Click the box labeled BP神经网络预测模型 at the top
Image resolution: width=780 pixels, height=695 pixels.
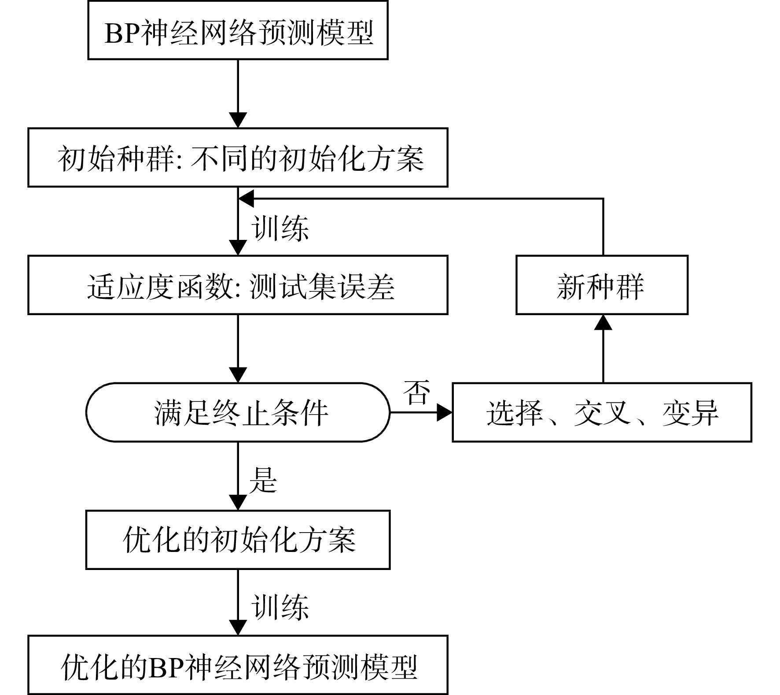(238, 30)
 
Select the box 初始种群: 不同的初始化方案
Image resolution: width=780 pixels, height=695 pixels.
(238, 158)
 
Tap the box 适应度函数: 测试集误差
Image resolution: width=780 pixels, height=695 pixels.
(238, 285)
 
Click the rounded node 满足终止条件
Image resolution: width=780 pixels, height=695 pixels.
(238, 412)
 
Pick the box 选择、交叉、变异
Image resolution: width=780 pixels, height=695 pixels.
(602, 412)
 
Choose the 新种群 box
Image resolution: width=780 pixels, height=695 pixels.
(602, 285)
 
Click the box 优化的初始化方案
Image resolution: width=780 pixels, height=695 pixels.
(238, 540)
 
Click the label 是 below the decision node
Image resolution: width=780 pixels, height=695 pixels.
(263, 480)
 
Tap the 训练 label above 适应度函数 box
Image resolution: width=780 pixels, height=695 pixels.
(280, 228)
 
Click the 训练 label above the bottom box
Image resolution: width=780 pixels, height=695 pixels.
(280, 608)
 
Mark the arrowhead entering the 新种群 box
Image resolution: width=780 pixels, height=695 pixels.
(603, 323)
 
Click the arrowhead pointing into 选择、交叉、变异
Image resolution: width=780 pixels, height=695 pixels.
(445, 412)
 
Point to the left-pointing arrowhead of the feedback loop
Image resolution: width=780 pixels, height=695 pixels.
(246, 199)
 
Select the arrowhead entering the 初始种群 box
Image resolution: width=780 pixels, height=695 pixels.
(238, 120)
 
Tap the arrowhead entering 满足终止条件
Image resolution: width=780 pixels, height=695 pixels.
(238, 375)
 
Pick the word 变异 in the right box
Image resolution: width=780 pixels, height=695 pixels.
(690, 413)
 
